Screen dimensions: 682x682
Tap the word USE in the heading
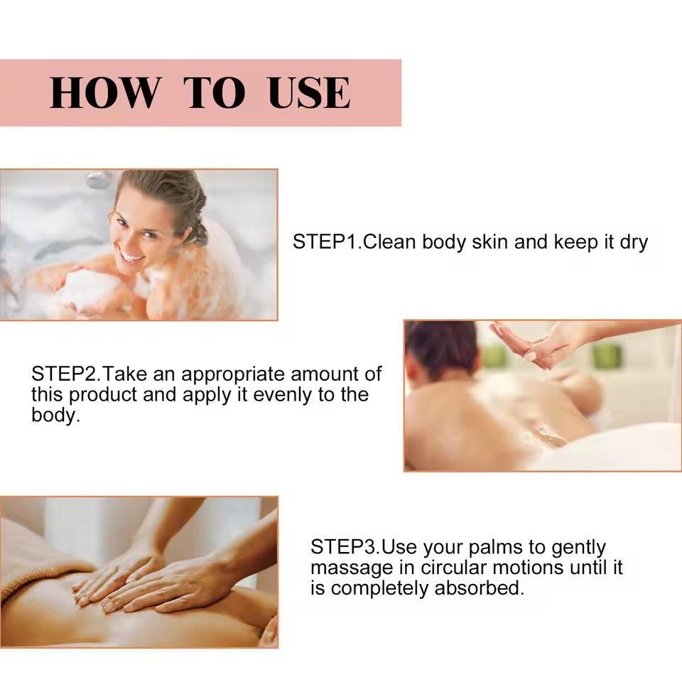(x=309, y=93)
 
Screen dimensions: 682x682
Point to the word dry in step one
(x=634, y=243)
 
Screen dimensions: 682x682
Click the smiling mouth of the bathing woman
(x=131, y=254)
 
